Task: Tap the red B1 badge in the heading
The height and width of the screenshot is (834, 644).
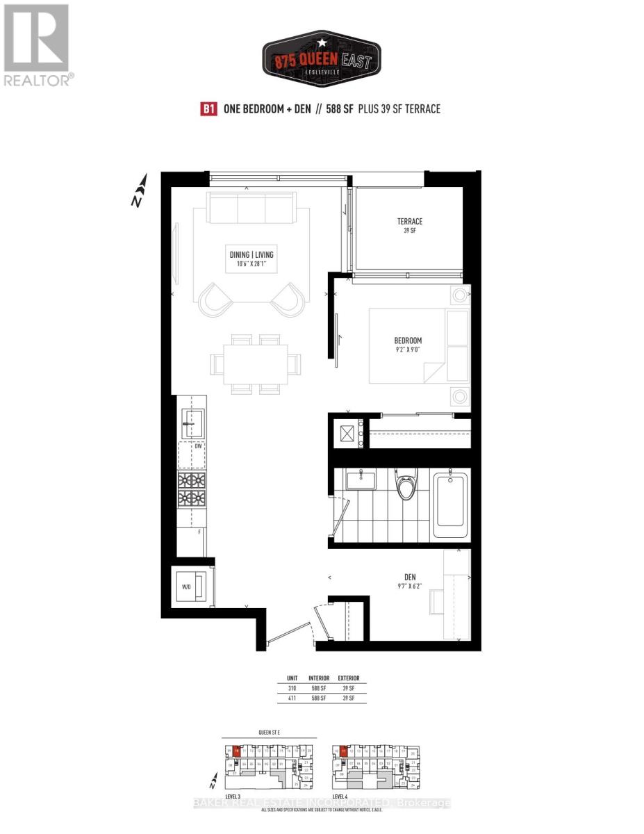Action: (x=207, y=109)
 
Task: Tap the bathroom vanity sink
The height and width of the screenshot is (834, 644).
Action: (x=361, y=479)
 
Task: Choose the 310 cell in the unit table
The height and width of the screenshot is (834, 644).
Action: (x=292, y=688)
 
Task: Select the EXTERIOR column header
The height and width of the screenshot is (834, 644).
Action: (x=348, y=678)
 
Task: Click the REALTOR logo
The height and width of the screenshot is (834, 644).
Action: (x=36, y=45)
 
